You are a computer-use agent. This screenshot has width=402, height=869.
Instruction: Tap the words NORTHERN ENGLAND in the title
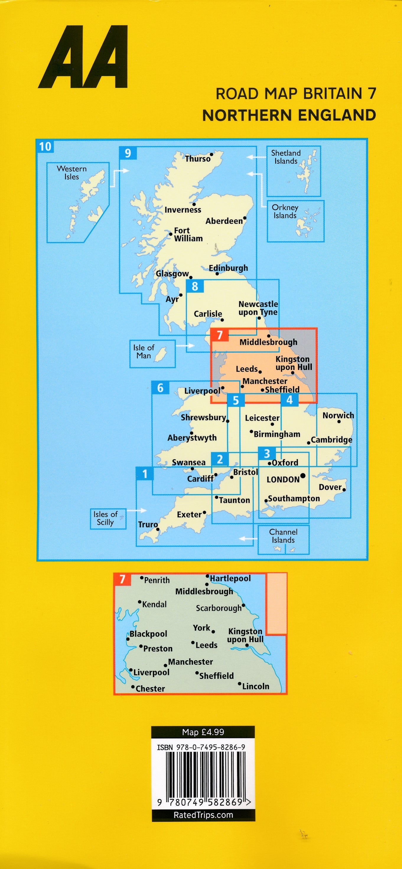coord(289,115)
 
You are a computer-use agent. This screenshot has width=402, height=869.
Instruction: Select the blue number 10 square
coord(45,147)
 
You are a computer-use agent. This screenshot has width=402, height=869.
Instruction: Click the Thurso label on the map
coord(198,159)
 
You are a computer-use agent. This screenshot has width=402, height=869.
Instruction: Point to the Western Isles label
coord(71,173)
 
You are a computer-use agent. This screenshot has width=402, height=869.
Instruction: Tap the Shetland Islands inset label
coord(286,157)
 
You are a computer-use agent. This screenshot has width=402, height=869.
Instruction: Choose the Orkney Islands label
coord(285,211)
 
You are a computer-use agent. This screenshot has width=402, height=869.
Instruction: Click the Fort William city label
coord(188,234)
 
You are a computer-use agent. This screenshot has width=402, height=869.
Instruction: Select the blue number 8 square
coord(195,286)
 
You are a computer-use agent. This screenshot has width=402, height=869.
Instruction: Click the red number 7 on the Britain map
coord(219,335)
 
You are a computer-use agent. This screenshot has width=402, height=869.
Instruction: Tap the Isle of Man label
coord(144,351)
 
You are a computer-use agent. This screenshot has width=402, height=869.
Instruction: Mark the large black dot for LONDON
coord(303,476)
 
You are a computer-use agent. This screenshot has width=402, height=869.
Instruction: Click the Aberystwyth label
coord(192,438)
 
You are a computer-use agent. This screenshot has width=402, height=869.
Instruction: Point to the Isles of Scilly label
coord(105,518)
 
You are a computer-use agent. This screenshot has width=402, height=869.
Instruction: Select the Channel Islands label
coord(283,536)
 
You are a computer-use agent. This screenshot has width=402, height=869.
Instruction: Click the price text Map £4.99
coord(203,732)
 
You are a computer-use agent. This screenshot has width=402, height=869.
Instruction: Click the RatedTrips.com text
coord(203,815)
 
